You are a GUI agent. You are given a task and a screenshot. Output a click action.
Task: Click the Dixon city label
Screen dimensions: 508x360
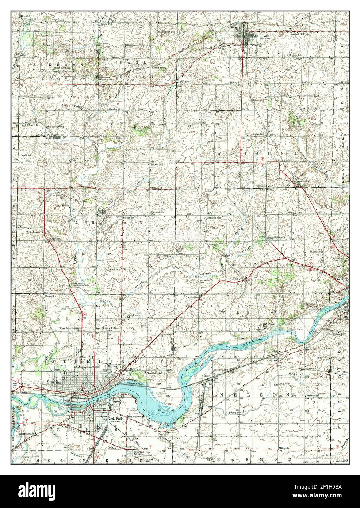pos(335,303)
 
